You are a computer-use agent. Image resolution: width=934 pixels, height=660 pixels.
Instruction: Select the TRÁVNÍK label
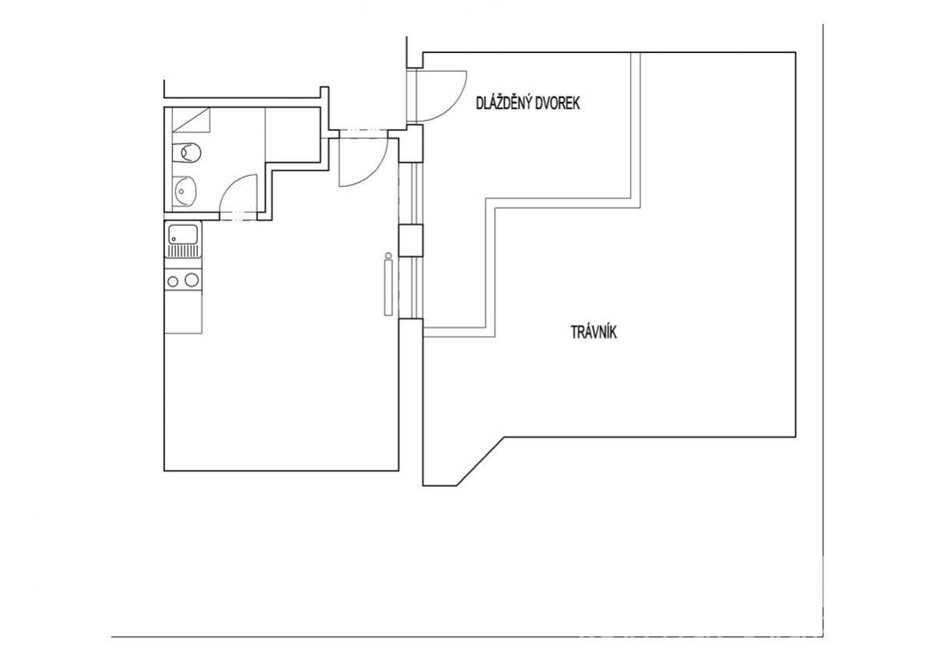coord(594,332)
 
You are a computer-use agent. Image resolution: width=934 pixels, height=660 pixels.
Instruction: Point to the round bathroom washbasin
coord(185,191)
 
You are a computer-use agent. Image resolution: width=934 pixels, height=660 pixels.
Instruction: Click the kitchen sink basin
coord(184,234)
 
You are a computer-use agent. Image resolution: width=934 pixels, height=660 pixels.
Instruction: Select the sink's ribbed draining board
coord(184,252)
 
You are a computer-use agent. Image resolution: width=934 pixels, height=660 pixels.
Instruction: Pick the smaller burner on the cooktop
coord(172,281)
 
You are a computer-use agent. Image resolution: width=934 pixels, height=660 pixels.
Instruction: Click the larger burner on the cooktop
coord(191,280)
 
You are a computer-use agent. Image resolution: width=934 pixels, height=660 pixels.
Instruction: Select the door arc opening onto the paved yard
coord(442,95)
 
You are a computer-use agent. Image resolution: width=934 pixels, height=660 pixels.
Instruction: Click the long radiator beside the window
coord(389,288)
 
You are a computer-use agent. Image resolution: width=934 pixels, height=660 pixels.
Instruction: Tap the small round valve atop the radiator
coord(389,256)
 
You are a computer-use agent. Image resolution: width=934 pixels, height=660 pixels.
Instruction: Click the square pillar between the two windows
coord(411,240)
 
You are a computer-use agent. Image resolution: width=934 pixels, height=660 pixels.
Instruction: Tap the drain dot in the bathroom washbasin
coord(180,192)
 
